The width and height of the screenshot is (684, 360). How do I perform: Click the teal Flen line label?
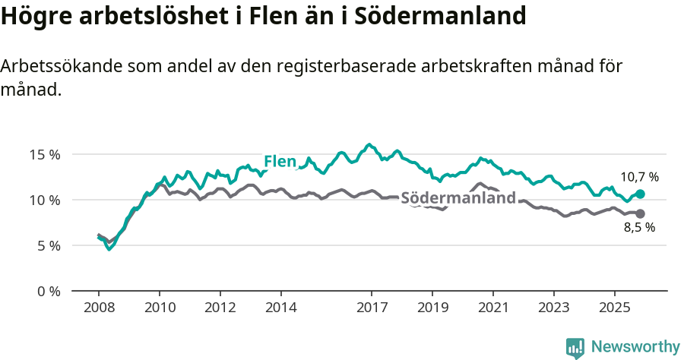tap(279, 162)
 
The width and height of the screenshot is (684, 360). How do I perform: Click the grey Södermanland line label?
tap(458, 199)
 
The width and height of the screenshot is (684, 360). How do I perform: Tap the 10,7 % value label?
tap(639, 177)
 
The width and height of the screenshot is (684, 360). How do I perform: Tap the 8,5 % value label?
tap(639, 227)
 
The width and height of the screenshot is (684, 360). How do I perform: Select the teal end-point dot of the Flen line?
tap(640, 194)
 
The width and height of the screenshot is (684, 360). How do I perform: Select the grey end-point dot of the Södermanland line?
tap(640, 213)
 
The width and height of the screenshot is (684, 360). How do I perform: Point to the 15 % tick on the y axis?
tap(44, 154)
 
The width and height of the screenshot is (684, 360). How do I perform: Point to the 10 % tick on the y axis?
tap(44, 200)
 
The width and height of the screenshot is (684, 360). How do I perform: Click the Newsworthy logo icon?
tap(575, 347)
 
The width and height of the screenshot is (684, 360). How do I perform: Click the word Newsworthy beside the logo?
tap(635, 347)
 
